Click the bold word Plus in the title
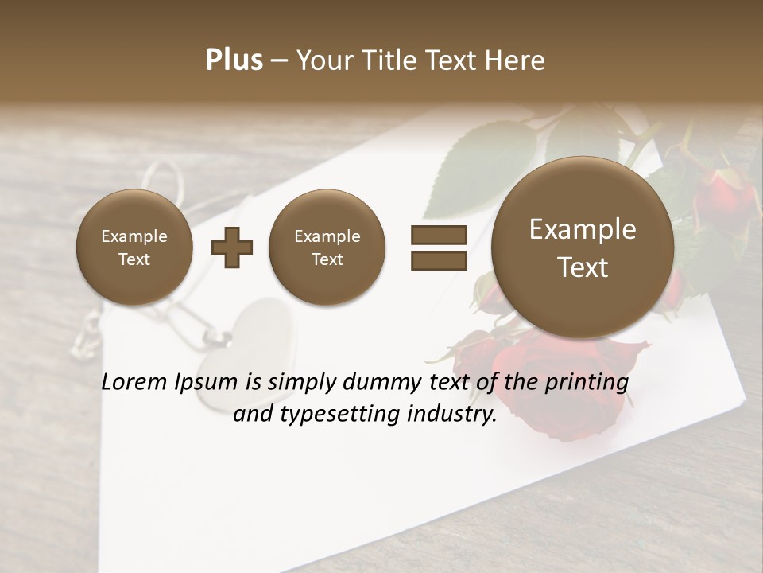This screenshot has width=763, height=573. pos(234,60)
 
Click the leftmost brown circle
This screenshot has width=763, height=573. pos(134,248)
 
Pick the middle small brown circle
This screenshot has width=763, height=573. pos(327,248)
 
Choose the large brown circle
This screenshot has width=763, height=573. pos(583,248)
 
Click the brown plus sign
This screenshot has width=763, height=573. pos(232,248)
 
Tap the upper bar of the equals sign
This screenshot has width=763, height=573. pos(438,235)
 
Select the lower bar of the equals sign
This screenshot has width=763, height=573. pos(438,261)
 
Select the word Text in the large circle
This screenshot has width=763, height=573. pos(583,267)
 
